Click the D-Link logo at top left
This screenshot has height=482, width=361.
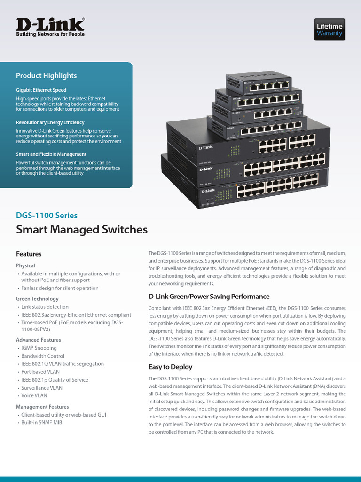pyautogui.click(x=51, y=27)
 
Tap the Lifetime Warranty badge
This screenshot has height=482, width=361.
pyautogui.click(x=329, y=30)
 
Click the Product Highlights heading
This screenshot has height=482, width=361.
pyautogui.click(x=46, y=76)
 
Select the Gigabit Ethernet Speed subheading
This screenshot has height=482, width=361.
pyautogui.click(x=41, y=90)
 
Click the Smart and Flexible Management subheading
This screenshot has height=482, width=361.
pyautogui.click(x=51, y=154)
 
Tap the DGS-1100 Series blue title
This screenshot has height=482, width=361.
pyautogui.click(x=47, y=216)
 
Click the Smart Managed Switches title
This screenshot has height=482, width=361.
pyautogui.click(x=82, y=230)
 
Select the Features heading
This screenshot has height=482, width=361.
pyautogui.click(x=29, y=254)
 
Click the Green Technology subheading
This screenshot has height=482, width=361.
pyautogui.click(x=37, y=299)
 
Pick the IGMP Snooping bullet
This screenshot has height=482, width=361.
pyautogui.click(x=39, y=348)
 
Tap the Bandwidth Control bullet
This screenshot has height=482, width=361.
pyautogui.click(x=43, y=356)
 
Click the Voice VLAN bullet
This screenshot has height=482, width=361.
pyautogui.click(x=34, y=395)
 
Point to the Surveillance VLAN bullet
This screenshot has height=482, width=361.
pyautogui.click(x=42, y=388)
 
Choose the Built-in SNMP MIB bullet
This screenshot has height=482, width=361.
pyautogui.click(x=41, y=423)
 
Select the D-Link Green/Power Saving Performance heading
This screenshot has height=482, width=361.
pyautogui.click(x=209, y=297)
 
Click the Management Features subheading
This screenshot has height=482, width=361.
pyautogui.click(x=42, y=407)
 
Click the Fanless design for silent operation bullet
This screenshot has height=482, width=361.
pyautogui.click(x=60, y=288)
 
